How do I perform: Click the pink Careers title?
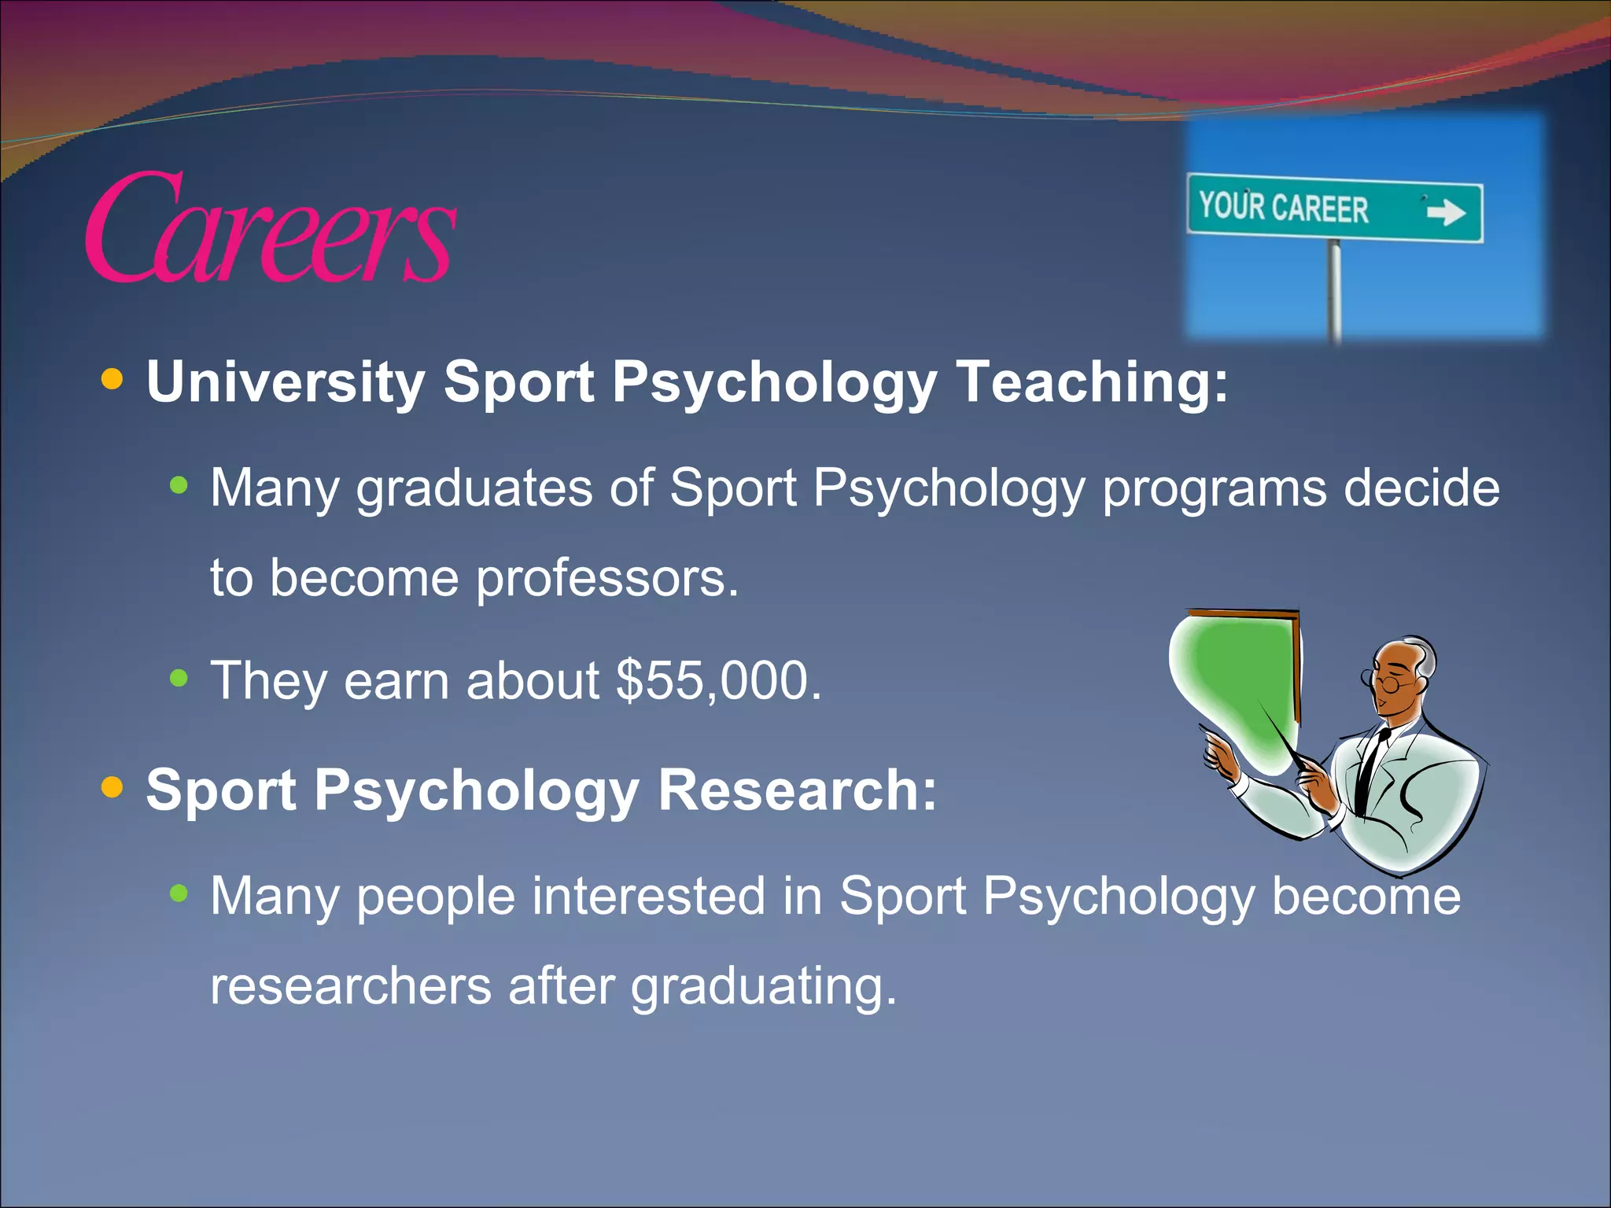pyautogui.click(x=270, y=228)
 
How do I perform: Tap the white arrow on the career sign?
pyautogui.click(x=1446, y=212)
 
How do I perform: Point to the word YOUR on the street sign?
pyautogui.click(x=1231, y=205)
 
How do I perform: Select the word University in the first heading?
pyautogui.click(x=286, y=382)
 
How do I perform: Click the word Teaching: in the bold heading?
pyautogui.click(x=1092, y=382)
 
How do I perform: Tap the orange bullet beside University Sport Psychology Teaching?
pyautogui.click(x=112, y=380)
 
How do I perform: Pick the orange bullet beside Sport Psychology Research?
pyautogui.click(x=112, y=786)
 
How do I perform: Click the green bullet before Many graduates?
pyautogui.click(x=179, y=486)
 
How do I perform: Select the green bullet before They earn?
pyautogui.click(x=179, y=677)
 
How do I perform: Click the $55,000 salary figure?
pyautogui.click(x=718, y=680)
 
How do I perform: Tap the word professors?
pyautogui.click(x=607, y=579)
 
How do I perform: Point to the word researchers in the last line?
pyautogui.click(x=351, y=986)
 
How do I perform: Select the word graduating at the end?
pyautogui.click(x=763, y=988)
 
